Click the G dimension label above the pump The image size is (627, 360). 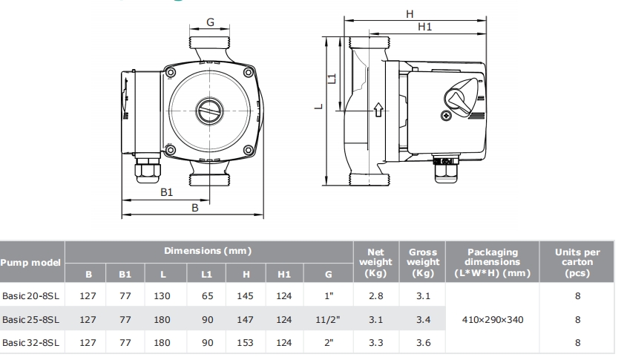point(210,22)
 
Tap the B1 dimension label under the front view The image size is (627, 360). point(167,192)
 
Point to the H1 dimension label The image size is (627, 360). point(424,27)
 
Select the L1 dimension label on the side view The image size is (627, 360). point(332,79)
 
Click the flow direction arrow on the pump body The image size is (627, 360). point(378,110)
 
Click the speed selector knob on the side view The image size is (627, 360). point(461,98)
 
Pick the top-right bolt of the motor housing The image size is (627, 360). point(249,73)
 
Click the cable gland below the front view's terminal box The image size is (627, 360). point(148,171)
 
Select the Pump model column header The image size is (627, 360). point(30,263)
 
